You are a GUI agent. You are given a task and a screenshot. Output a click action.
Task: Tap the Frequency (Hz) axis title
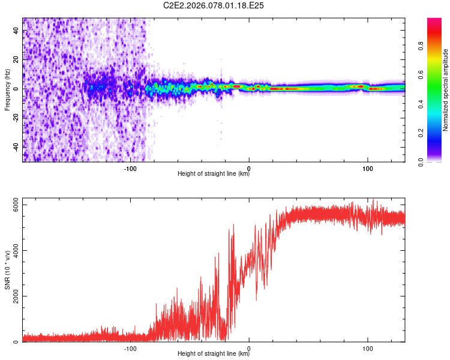(7, 90)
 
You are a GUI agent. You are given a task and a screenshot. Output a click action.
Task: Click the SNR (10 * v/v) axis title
(7, 269)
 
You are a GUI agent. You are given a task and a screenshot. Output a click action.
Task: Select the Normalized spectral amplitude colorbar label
(445, 90)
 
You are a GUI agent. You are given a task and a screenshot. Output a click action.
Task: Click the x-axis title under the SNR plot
(214, 354)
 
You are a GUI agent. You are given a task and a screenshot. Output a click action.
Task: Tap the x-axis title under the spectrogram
(214, 174)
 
